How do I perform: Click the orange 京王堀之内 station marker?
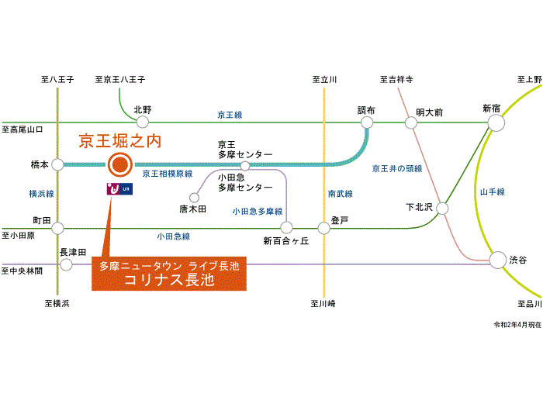[x=119, y=164]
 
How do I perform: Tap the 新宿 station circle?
[x=496, y=122]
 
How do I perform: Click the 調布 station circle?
[x=367, y=122]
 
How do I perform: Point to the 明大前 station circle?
[x=410, y=122]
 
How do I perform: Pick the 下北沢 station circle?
[x=442, y=208]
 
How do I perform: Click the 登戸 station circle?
[x=324, y=228]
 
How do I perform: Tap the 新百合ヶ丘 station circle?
[x=286, y=228]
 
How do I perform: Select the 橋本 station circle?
[x=57, y=164]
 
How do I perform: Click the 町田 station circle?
[x=57, y=228]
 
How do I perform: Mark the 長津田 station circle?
[x=67, y=264]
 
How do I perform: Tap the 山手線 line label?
[x=492, y=191]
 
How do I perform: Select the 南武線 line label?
[x=340, y=193]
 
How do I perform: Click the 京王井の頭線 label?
[x=397, y=168]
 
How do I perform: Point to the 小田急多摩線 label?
[x=258, y=211]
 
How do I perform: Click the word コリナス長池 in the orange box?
[x=169, y=280]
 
